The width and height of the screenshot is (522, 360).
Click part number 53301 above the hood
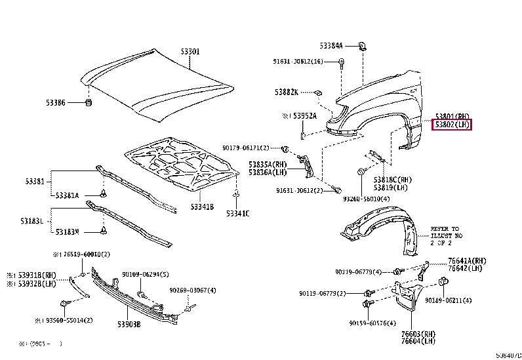(x=190, y=51)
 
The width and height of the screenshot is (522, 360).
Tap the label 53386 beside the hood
(x=56, y=103)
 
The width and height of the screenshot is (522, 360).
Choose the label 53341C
(x=237, y=213)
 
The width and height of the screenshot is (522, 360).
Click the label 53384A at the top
(x=331, y=46)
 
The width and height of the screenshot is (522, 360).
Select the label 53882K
(x=287, y=92)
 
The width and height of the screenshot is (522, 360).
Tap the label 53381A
(x=67, y=195)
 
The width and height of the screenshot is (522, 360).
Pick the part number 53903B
(x=129, y=323)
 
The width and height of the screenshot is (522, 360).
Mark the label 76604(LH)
(x=418, y=340)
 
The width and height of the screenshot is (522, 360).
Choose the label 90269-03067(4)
(x=193, y=290)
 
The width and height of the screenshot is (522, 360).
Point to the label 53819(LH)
(x=391, y=187)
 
